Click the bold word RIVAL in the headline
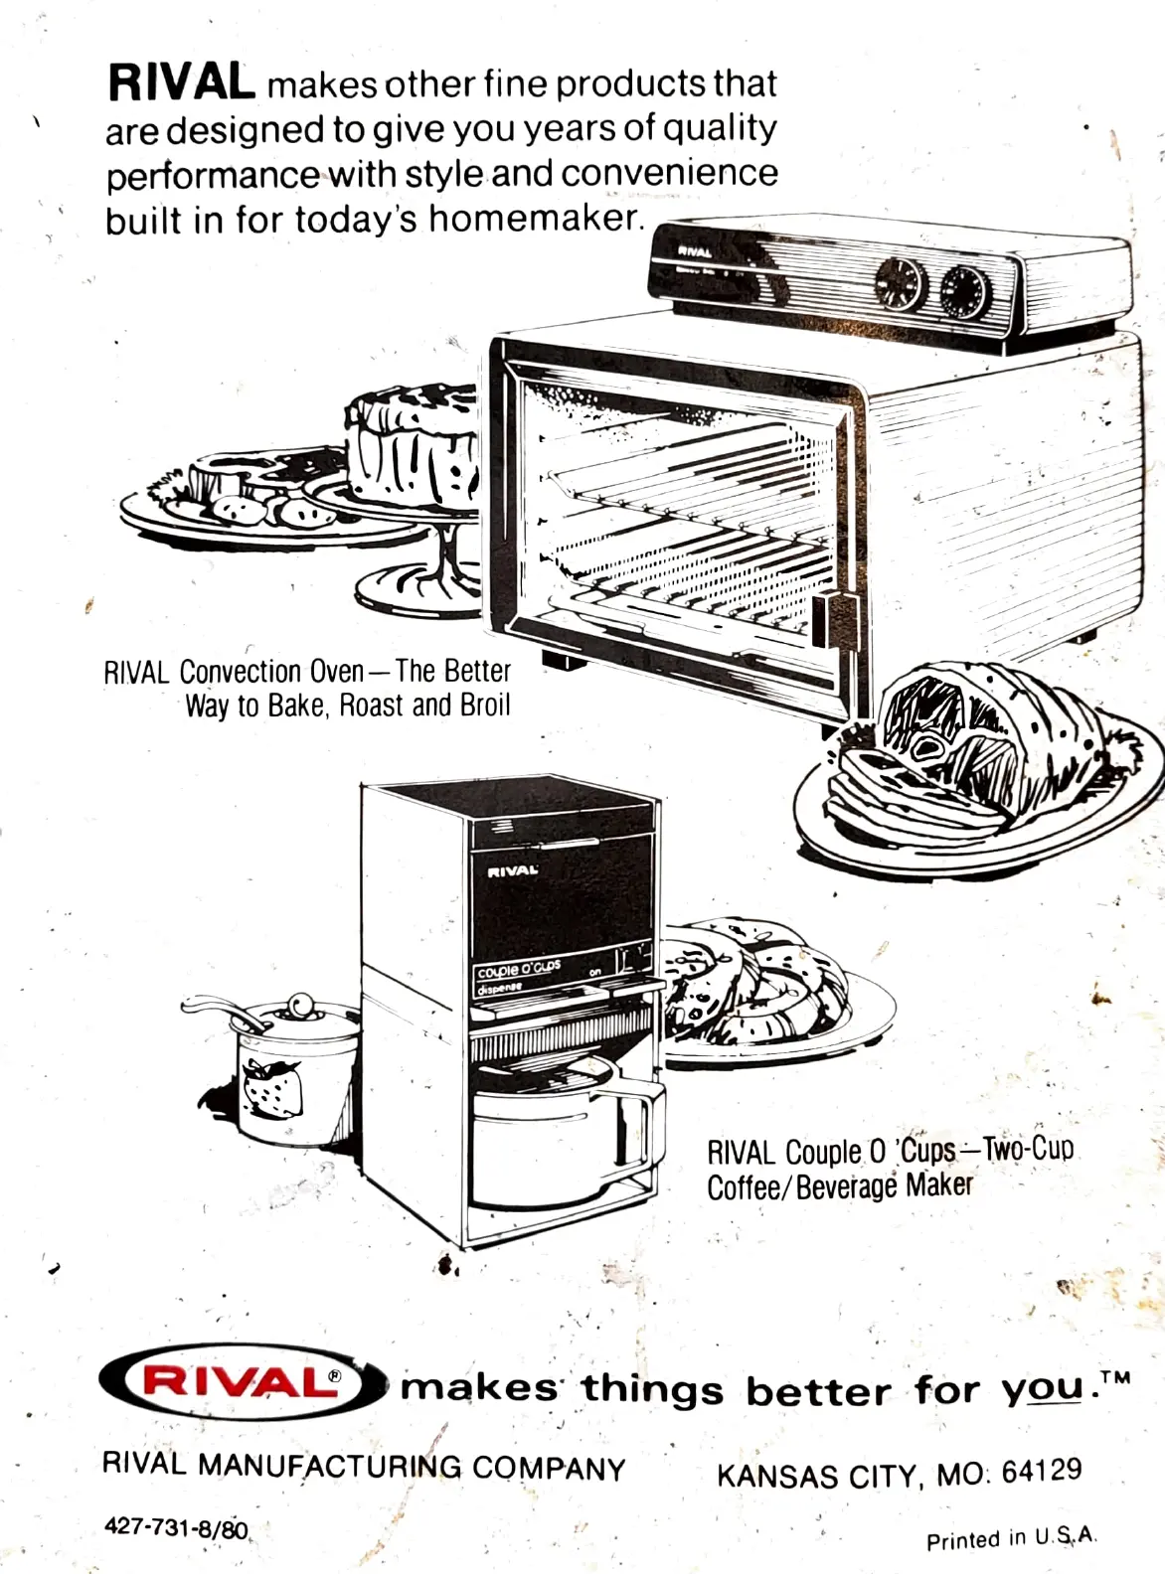click(x=180, y=82)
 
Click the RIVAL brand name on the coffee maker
click(x=513, y=871)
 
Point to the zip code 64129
click(x=1041, y=1471)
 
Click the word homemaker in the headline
click(x=537, y=218)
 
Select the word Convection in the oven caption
click(x=271, y=673)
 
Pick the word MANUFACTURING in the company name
click(x=330, y=1466)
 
